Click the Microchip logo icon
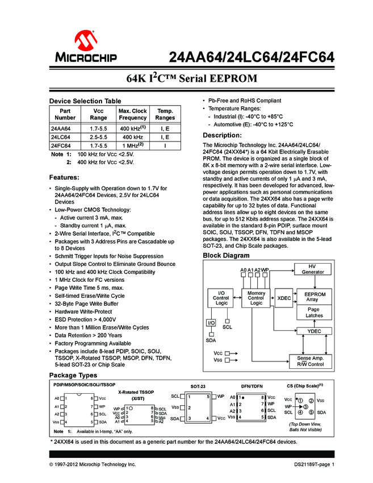[x=85, y=40]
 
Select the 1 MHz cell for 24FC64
[x=132, y=145]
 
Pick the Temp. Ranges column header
[x=165, y=114]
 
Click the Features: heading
[x=68, y=177]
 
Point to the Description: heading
[x=223, y=135]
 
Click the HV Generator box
[x=313, y=269]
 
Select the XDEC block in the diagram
[x=284, y=298]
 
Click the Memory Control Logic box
[x=256, y=298]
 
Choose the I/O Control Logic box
[x=221, y=298]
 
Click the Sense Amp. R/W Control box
[x=311, y=361]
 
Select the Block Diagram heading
[x=226, y=256]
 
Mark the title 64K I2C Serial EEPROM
[x=186, y=79]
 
